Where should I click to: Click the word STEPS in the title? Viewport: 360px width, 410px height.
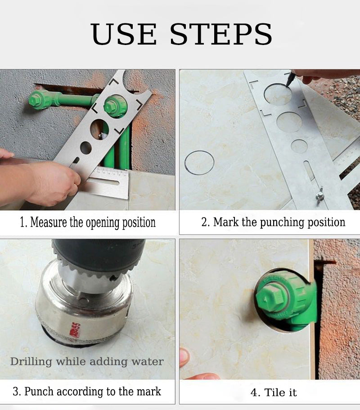[221, 34]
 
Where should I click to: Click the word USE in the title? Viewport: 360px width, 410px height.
[124, 34]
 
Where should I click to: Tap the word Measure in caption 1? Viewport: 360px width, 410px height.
[49, 222]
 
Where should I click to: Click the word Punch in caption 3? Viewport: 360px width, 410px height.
[39, 392]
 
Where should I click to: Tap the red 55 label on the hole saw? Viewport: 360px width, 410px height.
[76, 331]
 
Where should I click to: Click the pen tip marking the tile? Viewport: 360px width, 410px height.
[287, 85]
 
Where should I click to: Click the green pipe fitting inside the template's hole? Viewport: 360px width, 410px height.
[115, 106]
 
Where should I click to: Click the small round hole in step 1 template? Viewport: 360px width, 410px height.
[86, 148]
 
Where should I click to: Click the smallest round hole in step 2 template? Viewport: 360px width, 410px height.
[299, 146]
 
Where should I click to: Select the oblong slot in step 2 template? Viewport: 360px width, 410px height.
[309, 171]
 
